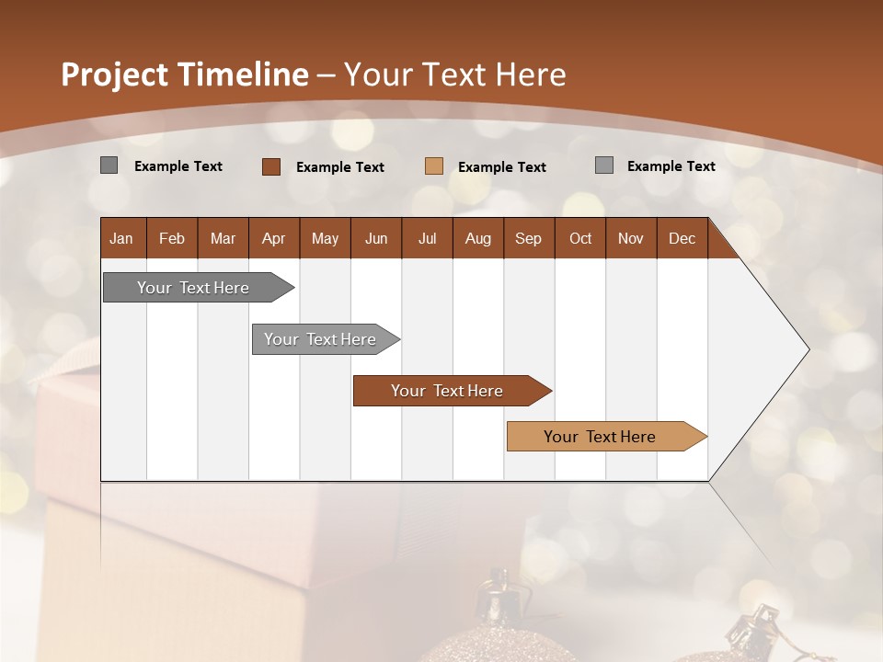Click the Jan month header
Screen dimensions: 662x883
click(121, 238)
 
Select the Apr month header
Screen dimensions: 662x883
click(273, 238)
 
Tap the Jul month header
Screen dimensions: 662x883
click(427, 238)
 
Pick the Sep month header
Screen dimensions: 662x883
click(528, 238)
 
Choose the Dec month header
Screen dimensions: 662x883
click(682, 238)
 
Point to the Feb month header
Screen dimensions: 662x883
click(172, 238)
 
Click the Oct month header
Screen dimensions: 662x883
click(580, 238)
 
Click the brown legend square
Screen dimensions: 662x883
click(271, 166)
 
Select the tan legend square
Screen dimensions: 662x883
click(434, 166)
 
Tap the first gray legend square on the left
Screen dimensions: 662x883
click(109, 165)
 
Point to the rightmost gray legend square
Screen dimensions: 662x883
click(604, 165)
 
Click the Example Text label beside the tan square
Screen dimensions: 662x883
click(501, 167)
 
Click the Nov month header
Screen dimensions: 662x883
click(631, 238)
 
